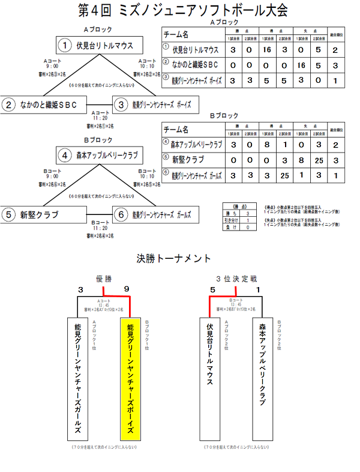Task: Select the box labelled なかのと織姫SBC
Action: tap(44, 104)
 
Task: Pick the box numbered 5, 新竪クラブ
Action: tap(44, 214)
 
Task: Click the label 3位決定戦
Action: tap(236, 279)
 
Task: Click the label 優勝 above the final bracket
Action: tap(104, 279)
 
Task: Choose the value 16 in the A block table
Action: tap(267, 50)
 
